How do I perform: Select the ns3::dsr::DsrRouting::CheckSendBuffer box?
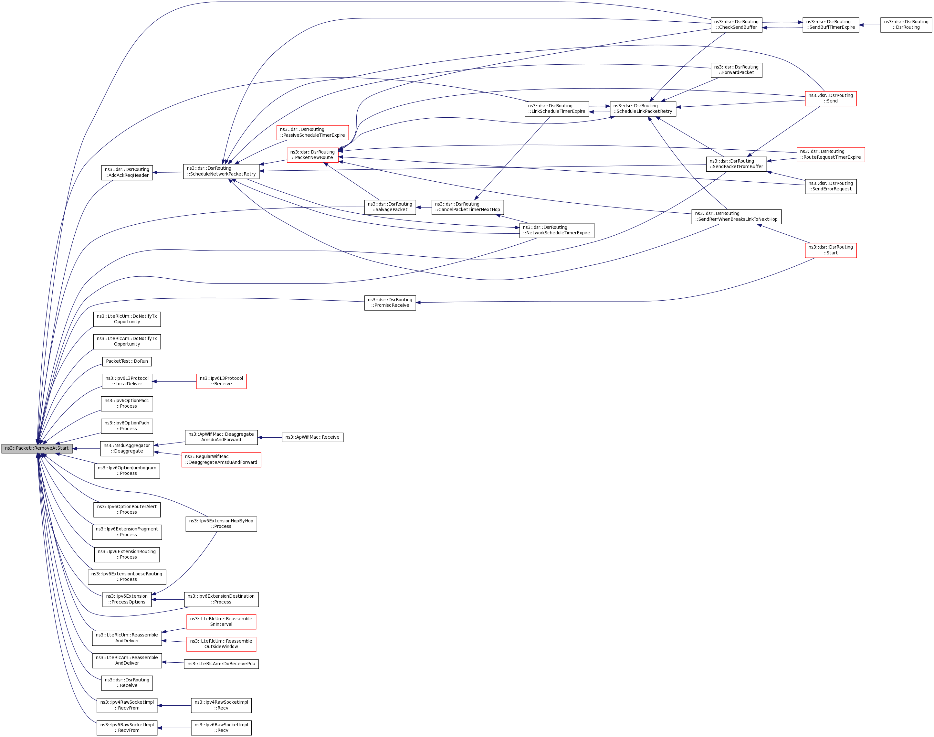coord(736,25)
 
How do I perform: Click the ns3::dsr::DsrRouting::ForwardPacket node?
coord(736,70)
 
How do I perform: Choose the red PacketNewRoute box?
coord(312,155)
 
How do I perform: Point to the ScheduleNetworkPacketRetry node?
coord(221,171)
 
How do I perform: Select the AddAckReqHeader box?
coord(127,173)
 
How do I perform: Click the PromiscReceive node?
coord(390,303)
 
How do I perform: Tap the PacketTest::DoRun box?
coord(127,361)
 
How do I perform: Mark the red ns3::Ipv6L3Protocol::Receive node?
coord(221,381)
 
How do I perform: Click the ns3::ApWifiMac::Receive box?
coord(312,437)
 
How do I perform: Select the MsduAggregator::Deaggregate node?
coord(127,448)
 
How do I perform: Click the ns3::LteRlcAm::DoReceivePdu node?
coord(221,664)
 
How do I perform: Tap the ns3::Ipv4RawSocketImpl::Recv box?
coord(221,705)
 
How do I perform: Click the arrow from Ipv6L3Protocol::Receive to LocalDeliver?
coord(175,381)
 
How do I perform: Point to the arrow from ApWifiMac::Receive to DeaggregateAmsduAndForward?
coord(270,438)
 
